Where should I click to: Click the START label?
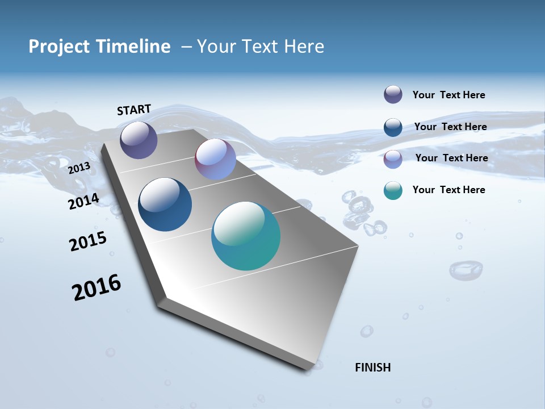click(x=134, y=110)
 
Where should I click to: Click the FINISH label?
click(x=372, y=368)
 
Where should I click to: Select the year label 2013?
click(x=79, y=168)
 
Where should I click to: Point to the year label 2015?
click(x=88, y=241)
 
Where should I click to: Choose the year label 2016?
click(x=97, y=287)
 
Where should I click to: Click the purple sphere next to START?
click(x=139, y=140)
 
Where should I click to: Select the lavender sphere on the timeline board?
click(x=215, y=159)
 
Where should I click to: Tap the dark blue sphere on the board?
click(x=165, y=204)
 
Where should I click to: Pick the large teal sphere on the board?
click(x=246, y=236)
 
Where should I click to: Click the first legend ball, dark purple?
click(x=393, y=95)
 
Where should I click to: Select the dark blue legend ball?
click(x=393, y=127)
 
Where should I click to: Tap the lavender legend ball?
click(x=393, y=159)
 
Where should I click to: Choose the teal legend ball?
click(x=393, y=191)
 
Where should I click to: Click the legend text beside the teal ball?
click(x=448, y=190)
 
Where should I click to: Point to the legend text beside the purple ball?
click(x=448, y=95)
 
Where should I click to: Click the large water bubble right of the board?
click(x=466, y=269)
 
